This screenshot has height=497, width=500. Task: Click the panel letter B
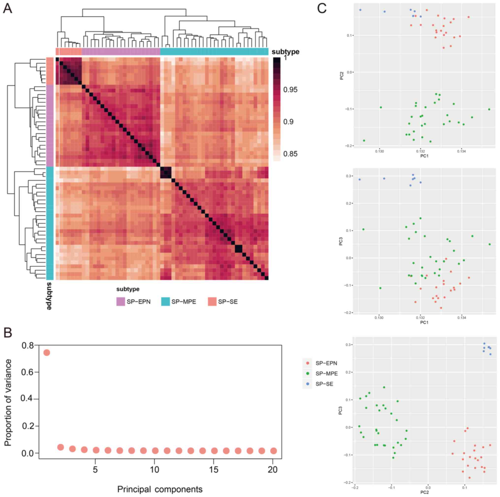click(7, 333)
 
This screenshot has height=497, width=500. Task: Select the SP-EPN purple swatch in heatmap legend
click(121, 301)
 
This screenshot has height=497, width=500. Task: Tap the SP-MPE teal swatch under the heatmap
click(165, 301)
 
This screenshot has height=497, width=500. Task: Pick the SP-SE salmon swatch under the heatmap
click(212, 301)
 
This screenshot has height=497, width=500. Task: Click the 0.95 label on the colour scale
click(290, 90)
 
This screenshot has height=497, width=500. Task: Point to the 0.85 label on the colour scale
click(290, 154)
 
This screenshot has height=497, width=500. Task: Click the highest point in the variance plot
click(47, 353)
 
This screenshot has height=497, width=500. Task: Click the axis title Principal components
click(160, 489)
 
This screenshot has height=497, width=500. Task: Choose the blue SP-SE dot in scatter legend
click(308, 384)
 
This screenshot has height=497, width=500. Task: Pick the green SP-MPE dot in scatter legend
click(308, 374)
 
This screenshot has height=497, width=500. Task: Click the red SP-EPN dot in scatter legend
click(308, 363)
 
